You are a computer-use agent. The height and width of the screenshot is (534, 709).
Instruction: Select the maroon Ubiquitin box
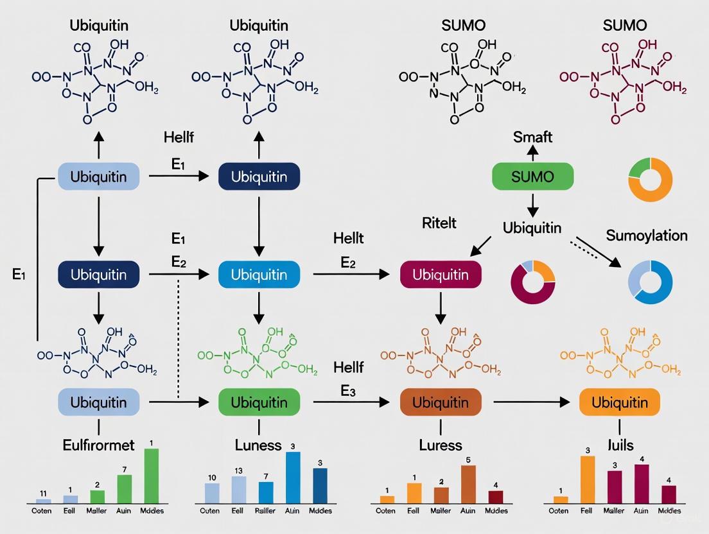tap(441, 274)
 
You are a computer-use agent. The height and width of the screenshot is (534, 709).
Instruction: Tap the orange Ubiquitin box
tap(619, 402)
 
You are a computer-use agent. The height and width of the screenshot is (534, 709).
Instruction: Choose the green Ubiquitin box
tap(259, 402)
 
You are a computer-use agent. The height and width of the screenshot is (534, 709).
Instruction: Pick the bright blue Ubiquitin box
tap(259, 274)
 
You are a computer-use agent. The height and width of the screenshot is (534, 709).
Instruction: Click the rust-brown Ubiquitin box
tap(441, 402)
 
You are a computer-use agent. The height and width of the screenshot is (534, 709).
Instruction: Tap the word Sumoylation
tap(646, 236)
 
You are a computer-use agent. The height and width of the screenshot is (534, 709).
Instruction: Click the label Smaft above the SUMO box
tap(532, 137)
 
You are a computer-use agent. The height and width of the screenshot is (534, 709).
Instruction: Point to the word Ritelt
tap(439, 223)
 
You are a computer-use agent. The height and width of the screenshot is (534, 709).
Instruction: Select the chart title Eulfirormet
tap(99, 445)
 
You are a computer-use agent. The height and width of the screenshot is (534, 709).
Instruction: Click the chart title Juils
tap(619, 445)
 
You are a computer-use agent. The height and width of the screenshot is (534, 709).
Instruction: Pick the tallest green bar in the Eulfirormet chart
tap(151, 476)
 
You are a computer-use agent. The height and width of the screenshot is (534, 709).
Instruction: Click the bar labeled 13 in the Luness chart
tap(239, 490)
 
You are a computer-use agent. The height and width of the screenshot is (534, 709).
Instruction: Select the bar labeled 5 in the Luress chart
tap(468, 484)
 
